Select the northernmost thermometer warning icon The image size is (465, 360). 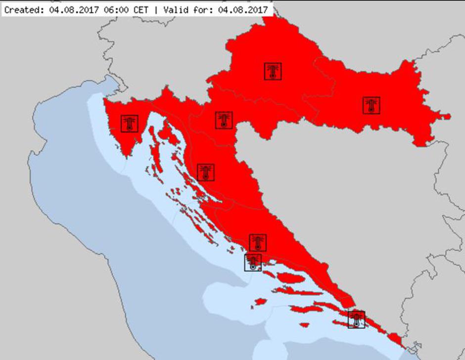pyautogui.click(x=273, y=71)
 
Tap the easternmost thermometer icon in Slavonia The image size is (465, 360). pyautogui.click(x=372, y=105)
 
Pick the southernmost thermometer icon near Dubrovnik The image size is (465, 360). pyautogui.click(x=356, y=319)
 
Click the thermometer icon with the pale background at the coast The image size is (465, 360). pyautogui.click(x=253, y=262)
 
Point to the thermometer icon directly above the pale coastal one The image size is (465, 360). pyautogui.click(x=257, y=242)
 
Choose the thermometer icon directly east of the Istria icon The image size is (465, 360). pyautogui.click(x=224, y=120)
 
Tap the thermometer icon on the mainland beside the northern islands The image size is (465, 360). pyautogui.click(x=206, y=172)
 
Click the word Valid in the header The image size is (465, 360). pyautogui.click(x=176, y=9)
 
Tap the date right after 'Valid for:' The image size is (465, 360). pyautogui.click(x=242, y=9)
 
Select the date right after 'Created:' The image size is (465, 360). pyautogui.click(x=72, y=9)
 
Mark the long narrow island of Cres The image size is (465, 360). pyautogui.click(x=154, y=143)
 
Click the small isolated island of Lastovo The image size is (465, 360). pyautogui.click(x=304, y=325)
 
